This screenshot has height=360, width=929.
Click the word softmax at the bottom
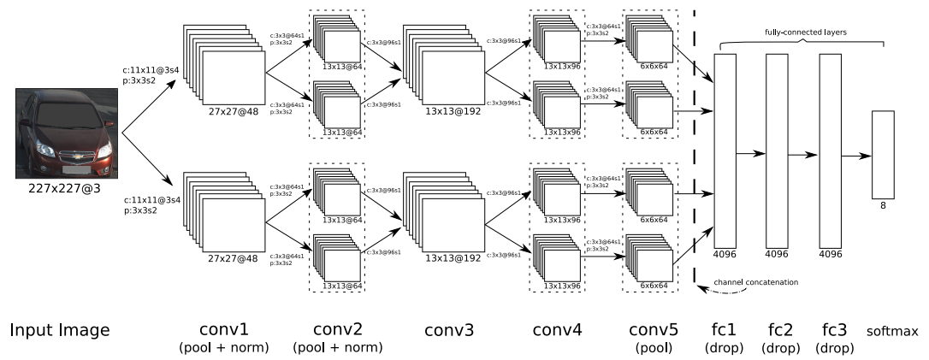point(892,331)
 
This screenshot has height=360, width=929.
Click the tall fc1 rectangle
point(725,150)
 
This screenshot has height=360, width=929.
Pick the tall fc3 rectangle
point(831,150)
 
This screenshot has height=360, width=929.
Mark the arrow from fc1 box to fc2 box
point(751,154)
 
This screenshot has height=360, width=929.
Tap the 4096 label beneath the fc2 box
point(778,254)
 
